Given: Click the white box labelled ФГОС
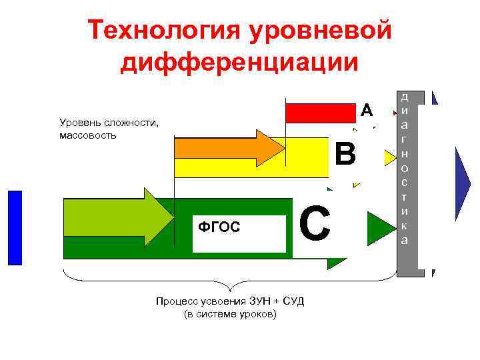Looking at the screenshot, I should click(239, 234).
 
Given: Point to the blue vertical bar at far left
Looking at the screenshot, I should click(15, 227).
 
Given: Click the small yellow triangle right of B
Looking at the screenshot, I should click(389, 157).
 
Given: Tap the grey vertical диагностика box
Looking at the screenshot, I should click(405, 180).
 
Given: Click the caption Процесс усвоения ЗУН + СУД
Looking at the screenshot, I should click(229, 301).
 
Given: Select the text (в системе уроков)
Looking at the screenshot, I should click(229, 314).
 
